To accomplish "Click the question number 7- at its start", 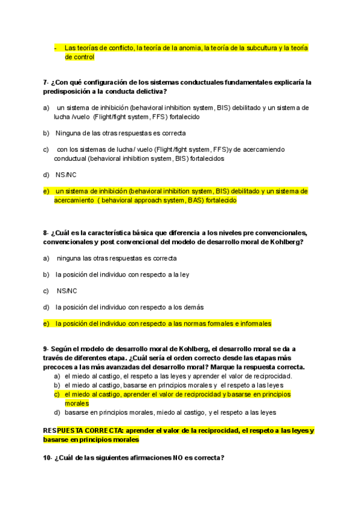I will pyautogui.click(x=46, y=82).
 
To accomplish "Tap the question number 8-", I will pyautogui.click(x=46, y=233).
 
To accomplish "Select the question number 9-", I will pyautogui.click(x=46, y=349).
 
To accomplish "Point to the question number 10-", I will pyautogui.click(x=48, y=458).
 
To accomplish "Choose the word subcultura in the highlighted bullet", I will pyautogui.click(x=259, y=47).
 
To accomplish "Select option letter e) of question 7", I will pyautogui.click(x=46, y=191).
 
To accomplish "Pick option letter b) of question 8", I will pyautogui.click(x=46, y=274).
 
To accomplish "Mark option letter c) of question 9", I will pyautogui.click(x=57, y=394).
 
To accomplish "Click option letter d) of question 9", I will pyautogui.click(x=57, y=413).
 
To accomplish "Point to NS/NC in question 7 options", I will pyautogui.click(x=66, y=175).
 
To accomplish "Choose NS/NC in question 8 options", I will pyautogui.click(x=67, y=291).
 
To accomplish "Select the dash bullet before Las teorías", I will pyautogui.click(x=55, y=47).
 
